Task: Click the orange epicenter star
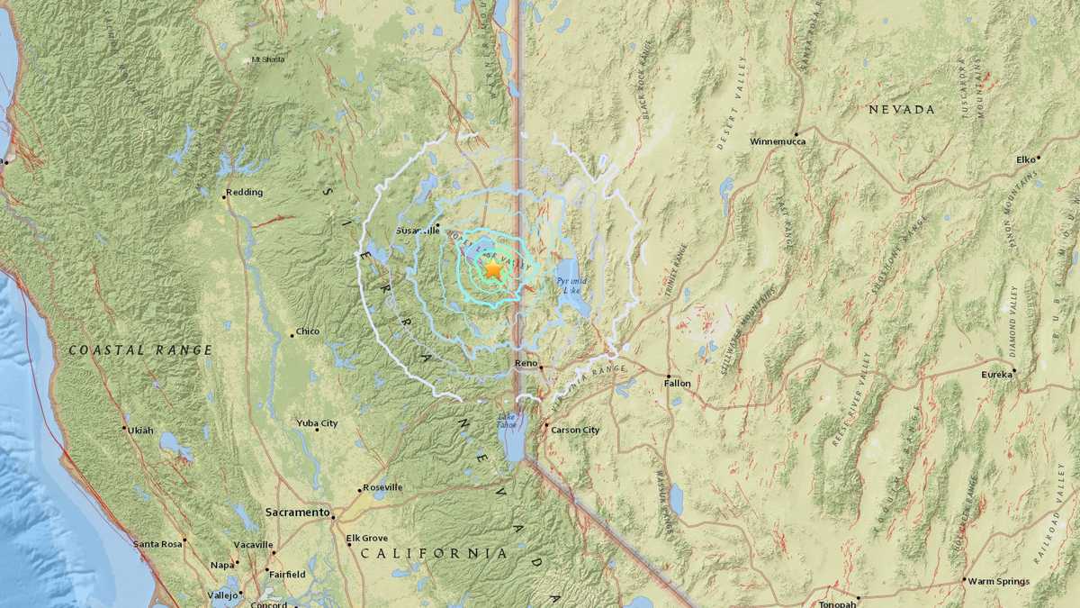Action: click(493, 269)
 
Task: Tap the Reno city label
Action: click(525, 363)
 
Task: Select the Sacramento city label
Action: click(296, 512)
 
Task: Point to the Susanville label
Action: click(416, 230)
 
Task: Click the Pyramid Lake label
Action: click(571, 286)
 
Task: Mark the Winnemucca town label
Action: click(778, 141)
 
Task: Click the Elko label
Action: click(1026, 159)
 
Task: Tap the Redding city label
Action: click(243, 192)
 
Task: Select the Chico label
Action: click(307, 331)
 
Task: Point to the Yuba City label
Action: click(317, 422)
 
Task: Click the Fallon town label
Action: click(678, 383)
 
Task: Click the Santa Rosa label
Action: click(157, 544)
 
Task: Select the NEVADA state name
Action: click(901, 109)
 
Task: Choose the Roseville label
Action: click(382, 487)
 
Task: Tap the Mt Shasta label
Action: click(268, 60)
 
